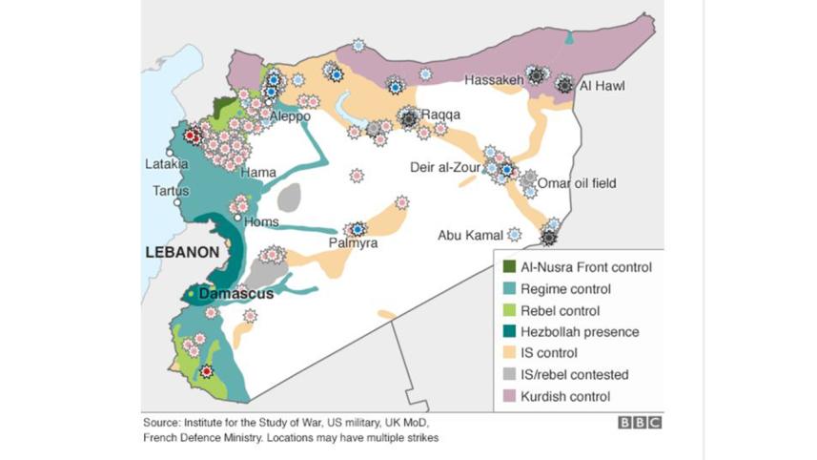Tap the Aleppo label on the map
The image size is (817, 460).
click(290, 116)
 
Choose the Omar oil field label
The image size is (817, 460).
click(577, 183)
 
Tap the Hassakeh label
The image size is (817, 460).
click(494, 80)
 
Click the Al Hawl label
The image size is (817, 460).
click(603, 86)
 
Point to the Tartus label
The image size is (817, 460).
click(172, 191)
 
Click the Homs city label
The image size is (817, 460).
click(262, 222)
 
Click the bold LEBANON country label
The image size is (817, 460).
click(183, 252)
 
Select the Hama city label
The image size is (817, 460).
click(258, 173)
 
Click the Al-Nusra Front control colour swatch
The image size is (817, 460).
click(510, 267)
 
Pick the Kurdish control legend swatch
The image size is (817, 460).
click(510, 396)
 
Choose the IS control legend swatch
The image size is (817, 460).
click(510, 353)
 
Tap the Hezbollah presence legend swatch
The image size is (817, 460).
click(510, 332)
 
